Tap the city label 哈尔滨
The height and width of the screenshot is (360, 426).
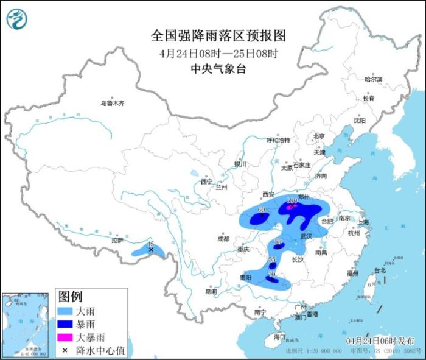pyautogui.click(x=373, y=80)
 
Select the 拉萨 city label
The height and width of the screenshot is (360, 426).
pyautogui.click(x=117, y=240)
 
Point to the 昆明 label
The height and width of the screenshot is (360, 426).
pyautogui.click(x=211, y=291)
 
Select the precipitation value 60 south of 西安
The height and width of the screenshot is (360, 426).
pyautogui.click(x=262, y=210)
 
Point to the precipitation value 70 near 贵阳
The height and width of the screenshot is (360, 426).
pyautogui.click(x=271, y=275)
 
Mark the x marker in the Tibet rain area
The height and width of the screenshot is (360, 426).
pyautogui.click(x=151, y=249)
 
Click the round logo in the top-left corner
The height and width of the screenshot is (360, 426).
pyautogui.click(x=17, y=19)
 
